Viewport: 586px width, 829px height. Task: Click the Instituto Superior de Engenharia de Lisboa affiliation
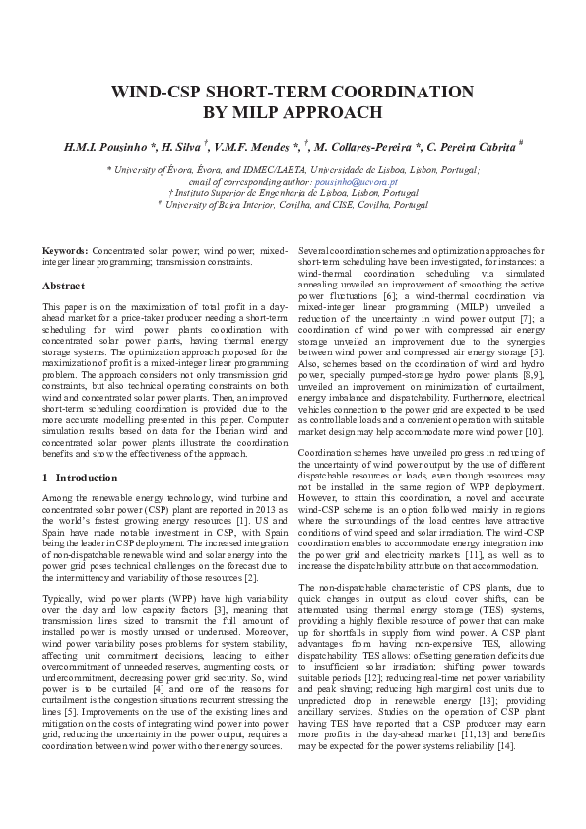293,193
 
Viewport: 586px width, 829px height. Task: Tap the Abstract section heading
63,286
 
